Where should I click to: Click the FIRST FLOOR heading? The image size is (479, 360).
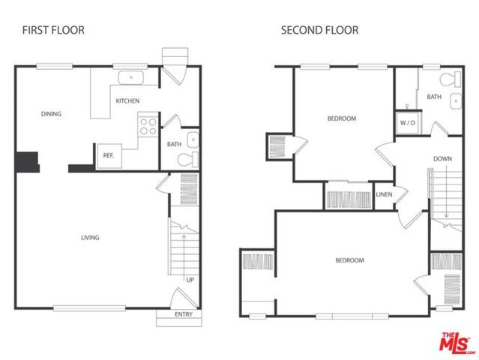pos(52,31)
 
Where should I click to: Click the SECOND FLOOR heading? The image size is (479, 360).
pos(319,31)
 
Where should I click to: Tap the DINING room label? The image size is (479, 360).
pos(51,114)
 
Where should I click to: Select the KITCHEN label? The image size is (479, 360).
pos(127,101)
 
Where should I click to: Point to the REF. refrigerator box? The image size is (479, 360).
pos(108,155)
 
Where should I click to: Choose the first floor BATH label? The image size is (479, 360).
pos(174,145)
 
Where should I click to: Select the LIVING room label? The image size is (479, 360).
pos(90,238)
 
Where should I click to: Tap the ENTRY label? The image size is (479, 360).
pos(183,314)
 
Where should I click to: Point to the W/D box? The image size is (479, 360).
pos(407,122)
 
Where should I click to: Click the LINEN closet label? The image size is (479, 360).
pos(384,195)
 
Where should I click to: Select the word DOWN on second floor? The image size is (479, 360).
pos(442,159)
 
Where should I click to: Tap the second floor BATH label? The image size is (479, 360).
pos(434,97)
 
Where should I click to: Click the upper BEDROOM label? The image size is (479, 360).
pos(341,118)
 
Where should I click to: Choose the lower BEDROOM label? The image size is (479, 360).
pos(349,260)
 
